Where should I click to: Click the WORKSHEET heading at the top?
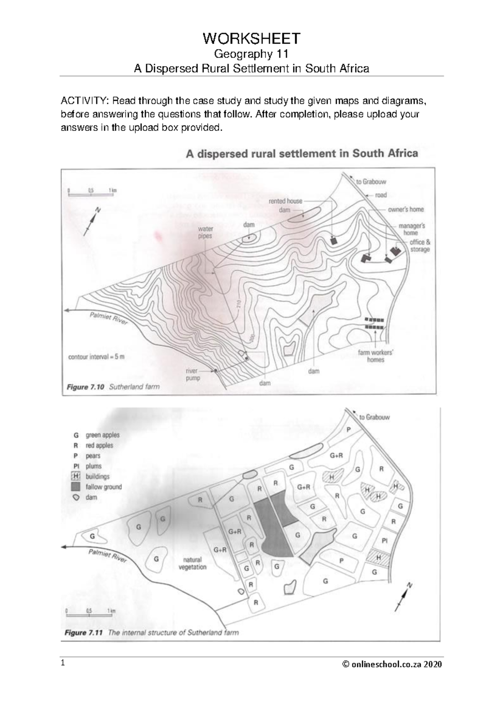(251, 39)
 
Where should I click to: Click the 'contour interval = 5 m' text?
(96, 357)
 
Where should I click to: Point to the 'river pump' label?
(193, 374)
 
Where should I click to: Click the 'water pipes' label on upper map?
(205, 232)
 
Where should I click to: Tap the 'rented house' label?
(285, 201)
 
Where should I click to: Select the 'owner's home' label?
(405, 209)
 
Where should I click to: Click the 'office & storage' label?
(420, 246)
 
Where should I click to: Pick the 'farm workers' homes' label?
(375, 356)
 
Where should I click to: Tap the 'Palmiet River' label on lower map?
(107, 557)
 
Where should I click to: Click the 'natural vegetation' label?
(192, 563)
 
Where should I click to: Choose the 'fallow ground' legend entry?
(103, 487)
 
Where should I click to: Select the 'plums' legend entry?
(93, 466)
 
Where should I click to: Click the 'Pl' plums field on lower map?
(384, 541)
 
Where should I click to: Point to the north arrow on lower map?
(404, 595)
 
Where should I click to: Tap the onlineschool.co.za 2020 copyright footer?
(392, 664)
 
